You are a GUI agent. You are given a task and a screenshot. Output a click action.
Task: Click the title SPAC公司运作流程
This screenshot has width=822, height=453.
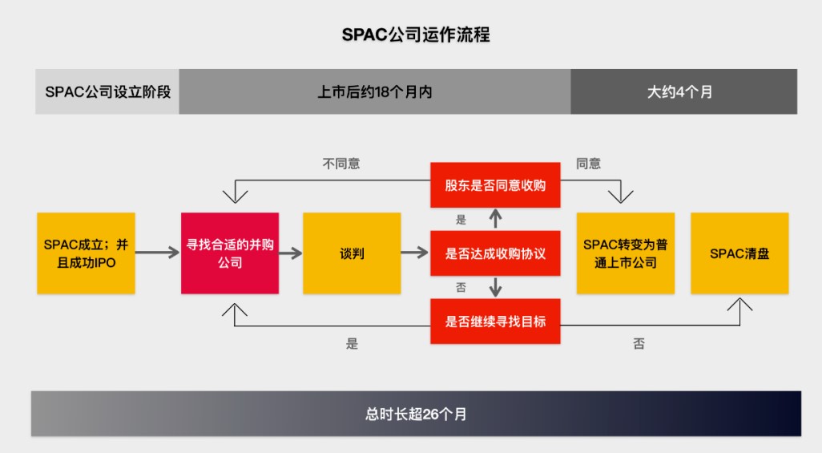tap(415, 35)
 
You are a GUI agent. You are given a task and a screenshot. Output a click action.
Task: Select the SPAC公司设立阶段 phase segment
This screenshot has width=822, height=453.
tap(107, 91)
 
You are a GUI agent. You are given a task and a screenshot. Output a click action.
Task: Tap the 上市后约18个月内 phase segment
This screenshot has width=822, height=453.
tap(374, 91)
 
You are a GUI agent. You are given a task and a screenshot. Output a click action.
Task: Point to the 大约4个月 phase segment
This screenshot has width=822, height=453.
tap(683, 91)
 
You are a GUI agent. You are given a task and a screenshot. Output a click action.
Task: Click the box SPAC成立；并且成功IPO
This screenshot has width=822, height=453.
tap(86, 253)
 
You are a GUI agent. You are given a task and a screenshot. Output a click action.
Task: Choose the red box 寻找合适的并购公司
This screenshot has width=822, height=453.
tap(230, 253)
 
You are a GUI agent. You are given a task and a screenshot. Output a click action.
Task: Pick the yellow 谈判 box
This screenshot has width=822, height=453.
tap(352, 253)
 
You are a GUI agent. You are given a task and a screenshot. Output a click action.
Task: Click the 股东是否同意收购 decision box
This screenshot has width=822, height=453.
tap(495, 185)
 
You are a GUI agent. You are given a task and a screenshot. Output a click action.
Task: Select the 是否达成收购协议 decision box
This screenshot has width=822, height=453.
tap(495, 253)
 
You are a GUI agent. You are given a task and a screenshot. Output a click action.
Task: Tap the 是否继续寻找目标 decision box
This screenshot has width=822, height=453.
tap(495, 321)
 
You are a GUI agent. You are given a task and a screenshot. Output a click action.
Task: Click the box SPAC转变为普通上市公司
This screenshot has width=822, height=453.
tap(626, 253)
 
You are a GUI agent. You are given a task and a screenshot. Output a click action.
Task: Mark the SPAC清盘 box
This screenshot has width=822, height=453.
tap(739, 253)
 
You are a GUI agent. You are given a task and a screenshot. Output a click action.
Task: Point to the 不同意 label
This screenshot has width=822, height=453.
tap(341, 164)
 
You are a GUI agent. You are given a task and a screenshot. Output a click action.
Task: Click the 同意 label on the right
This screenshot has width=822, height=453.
tap(588, 164)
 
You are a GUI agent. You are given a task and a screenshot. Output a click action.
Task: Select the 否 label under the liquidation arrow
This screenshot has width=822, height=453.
tap(639, 344)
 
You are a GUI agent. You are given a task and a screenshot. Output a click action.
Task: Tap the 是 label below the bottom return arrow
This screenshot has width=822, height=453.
tap(352, 344)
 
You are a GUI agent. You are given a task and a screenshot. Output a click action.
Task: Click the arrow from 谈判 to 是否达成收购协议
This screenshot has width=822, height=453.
tap(415, 253)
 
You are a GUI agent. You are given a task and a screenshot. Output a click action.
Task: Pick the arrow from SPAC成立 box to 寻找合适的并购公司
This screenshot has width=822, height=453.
tap(157, 253)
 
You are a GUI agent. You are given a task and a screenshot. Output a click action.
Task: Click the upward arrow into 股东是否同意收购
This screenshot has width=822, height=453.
tap(495, 218)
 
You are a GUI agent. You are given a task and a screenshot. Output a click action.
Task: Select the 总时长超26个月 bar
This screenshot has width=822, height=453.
tap(416, 414)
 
